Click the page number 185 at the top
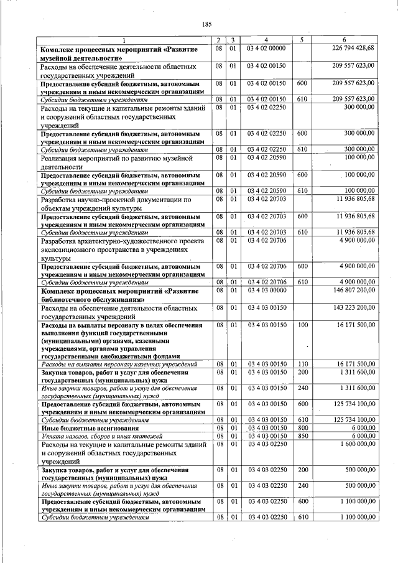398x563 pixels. click(x=207, y=24)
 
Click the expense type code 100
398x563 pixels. click(x=302, y=325)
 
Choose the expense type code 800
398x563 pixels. click(x=302, y=428)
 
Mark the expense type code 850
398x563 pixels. click(x=302, y=436)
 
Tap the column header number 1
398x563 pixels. click(x=123, y=40)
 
